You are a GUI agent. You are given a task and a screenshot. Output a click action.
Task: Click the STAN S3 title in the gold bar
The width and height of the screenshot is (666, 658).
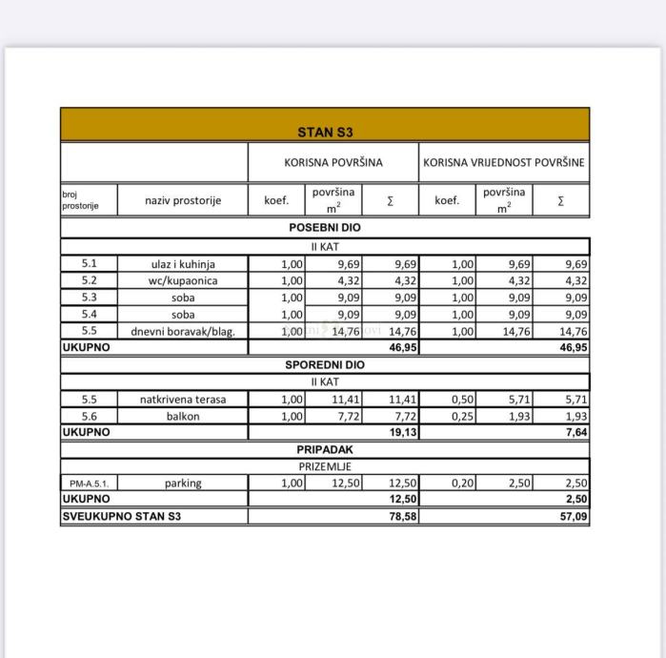(324, 132)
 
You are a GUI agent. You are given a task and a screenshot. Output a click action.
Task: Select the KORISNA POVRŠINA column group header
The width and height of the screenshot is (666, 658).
(333, 162)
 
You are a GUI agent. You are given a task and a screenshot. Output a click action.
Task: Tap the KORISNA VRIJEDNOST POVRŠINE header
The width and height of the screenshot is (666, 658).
(504, 162)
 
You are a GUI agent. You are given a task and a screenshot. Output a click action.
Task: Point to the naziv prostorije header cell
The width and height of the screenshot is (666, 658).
(183, 200)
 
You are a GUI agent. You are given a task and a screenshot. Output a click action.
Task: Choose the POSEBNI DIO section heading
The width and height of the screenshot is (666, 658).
(324, 228)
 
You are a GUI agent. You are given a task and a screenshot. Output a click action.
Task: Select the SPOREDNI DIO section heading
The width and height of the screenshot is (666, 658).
(324, 365)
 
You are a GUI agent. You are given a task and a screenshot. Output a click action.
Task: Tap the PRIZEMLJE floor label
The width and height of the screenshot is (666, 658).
(324, 465)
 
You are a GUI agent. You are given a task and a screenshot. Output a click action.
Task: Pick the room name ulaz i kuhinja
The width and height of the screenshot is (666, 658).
(183, 264)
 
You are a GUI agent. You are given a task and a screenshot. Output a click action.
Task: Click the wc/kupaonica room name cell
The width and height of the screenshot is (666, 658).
(183, 281)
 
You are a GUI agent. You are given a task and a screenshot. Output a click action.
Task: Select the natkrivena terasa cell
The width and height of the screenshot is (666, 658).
(183, 400)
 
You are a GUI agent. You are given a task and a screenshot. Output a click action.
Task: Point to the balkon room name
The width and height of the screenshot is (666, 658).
(183, 417)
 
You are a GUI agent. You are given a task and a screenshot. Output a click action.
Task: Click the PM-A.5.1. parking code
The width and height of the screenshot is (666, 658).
(89, 483)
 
